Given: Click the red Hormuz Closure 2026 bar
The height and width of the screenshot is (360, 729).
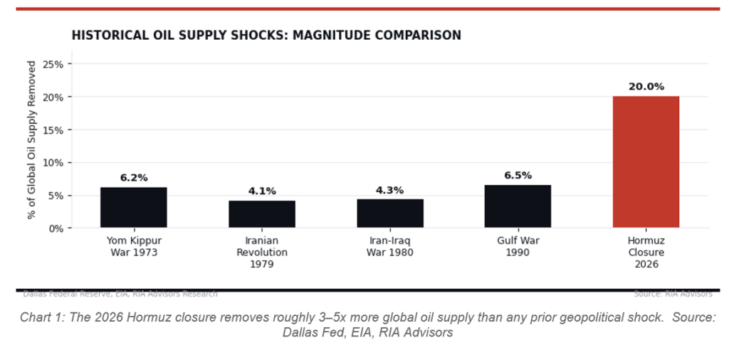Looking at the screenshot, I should (x=646, y=162).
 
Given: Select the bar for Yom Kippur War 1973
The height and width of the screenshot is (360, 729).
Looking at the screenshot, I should (x=133, y=208).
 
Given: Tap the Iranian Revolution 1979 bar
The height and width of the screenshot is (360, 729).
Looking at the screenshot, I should (x=261, y=214).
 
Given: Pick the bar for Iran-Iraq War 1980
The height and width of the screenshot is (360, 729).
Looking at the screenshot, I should (x=389, y=213).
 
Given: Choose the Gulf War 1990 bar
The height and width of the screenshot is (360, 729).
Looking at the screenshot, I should (x=518, y=206).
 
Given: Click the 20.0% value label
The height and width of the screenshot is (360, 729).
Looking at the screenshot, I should (x=646, y=87).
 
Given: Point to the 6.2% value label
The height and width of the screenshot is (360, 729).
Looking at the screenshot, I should (x=133, y=178).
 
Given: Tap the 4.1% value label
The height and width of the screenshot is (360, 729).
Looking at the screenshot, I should (x=261, y=191).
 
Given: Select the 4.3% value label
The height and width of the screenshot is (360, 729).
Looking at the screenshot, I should (x=389, y=190).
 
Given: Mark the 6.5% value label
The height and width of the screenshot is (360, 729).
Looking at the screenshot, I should (x=518, y=176).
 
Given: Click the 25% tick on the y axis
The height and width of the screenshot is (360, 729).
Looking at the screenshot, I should (x=53, y=64).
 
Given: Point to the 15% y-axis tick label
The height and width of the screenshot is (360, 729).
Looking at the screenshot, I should (x=53, y=130).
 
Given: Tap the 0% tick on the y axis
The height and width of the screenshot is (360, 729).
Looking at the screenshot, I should (x=56, y=228).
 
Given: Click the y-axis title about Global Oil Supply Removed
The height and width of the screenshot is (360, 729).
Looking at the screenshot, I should (x=31, y=139).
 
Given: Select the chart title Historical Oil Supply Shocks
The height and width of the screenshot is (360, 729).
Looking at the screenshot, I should (x=266, y=36).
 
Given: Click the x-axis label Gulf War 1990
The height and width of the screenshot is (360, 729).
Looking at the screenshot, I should (x=518, y=246).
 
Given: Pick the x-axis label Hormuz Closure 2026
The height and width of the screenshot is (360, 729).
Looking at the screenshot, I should (x=646, y=252).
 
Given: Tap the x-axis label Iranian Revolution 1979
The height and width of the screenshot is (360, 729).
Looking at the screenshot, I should (x=261, y=252).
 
